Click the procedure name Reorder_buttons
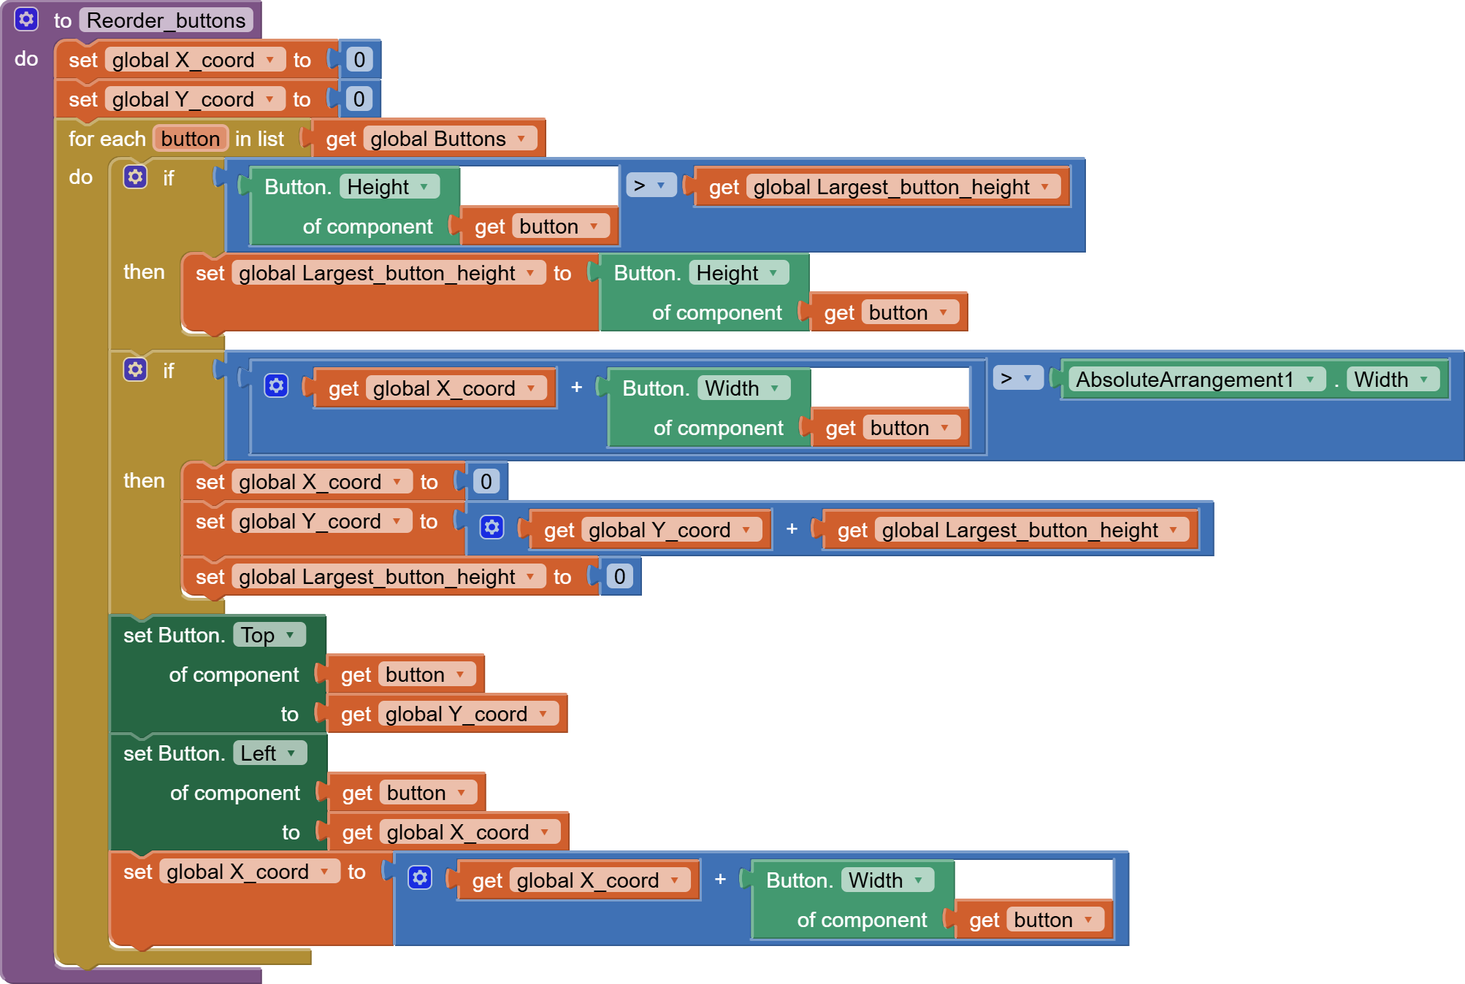pyautogui.click(x=166, y=20)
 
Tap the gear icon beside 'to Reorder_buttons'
pyautogui.click(x=26, y=19)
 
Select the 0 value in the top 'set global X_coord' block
pyautogui.click(x=359, y=60)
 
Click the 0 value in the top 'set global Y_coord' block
pyautogui.click(x=359, y=99)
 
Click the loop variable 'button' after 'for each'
pyautogui.click(x=190, y=139)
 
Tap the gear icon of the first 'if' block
pyautogui.click(x=135, y=177)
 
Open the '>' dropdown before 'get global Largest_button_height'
pyautogui.click(x=651, y=185)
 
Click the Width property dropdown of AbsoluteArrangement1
pyautogui.click(x=1391, y=380)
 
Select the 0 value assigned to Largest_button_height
pyautogui.click(x=619, y=577)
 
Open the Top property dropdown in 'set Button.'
pyautogui.click(x=268, y=635)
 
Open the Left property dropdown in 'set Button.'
pyautogui.click(x=269, y=753)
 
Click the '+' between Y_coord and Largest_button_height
pyautogui.click(x=792, y=529)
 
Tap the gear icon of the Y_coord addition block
pyautogui.click(x=492, y=527)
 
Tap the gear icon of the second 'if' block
pyautogui.click(x=135, y=369)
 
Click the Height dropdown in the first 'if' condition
pyautogui.click(x=389, y=187)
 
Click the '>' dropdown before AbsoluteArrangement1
pyautogui.click(x=1017, y=378)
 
